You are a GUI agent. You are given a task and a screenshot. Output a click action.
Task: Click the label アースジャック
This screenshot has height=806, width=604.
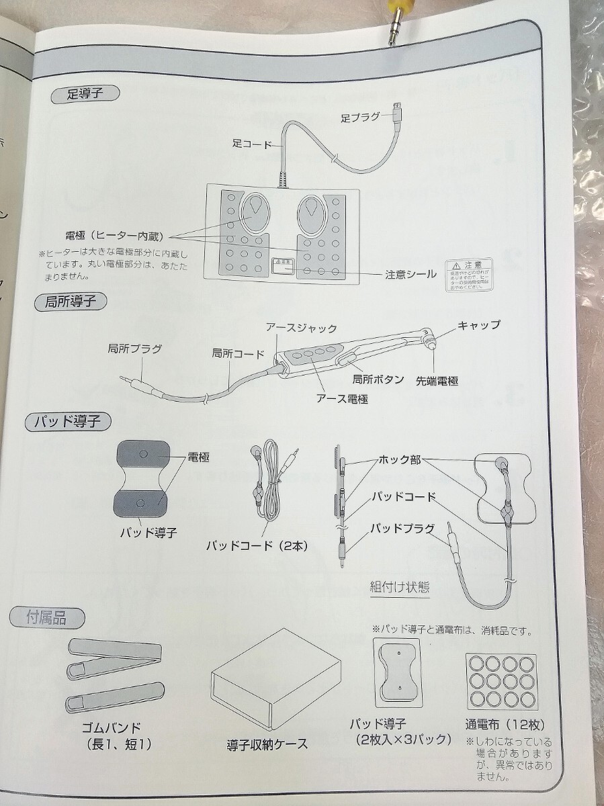coord(301,328)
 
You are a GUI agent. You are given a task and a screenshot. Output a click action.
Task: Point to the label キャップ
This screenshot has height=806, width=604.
coord(478,324)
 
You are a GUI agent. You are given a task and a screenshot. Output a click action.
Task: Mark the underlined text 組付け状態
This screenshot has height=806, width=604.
coord(400,586)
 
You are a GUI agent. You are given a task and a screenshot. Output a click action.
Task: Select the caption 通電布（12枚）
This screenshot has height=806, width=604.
coord(505,725)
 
